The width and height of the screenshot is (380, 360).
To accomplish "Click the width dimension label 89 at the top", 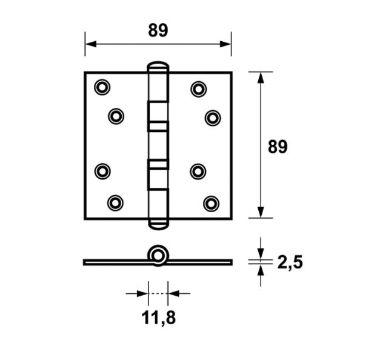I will pos(158,30).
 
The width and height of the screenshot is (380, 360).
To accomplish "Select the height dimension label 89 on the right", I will pos(278,147).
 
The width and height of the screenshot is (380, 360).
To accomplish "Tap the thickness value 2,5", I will pos(290,262).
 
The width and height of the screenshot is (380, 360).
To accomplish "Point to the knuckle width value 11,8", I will pos(158,317).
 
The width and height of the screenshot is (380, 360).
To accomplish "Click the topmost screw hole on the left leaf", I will pos(102,88).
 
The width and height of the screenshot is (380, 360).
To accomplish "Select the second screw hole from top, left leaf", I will pos(116,115).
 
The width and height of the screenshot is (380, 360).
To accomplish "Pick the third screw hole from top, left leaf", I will pos(102,171).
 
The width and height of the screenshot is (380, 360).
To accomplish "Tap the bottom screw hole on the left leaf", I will pos(115,202).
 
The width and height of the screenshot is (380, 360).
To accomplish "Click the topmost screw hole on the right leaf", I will pos(198,89).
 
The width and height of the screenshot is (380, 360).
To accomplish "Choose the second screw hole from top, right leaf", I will pos(212,117).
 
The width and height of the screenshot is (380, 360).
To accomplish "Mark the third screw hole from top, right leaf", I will pos(198,171).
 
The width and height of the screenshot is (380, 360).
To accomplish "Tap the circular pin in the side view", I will pos(159,255).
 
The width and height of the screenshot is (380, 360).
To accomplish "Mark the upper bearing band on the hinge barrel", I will pos(158,126).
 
